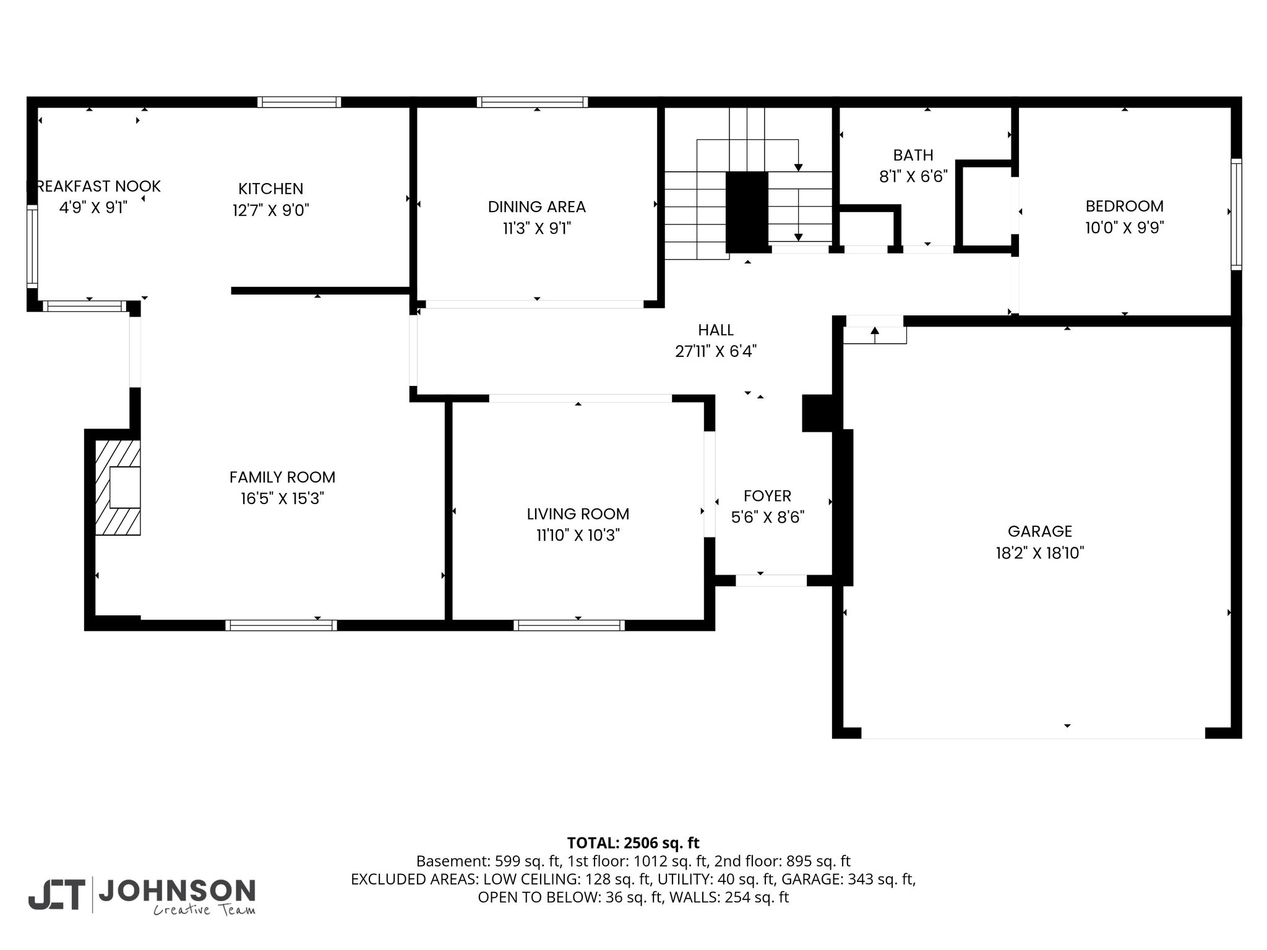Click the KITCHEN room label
[x=271, y=189]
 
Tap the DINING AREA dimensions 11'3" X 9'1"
[x=536, y=229]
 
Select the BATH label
[x=913, y=155]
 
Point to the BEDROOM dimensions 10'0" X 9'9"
[x=1124, y=228]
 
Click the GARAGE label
[x=1039, y=531]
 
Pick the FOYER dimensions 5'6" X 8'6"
[x=767, y=517]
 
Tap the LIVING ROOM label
[x=578, y=514]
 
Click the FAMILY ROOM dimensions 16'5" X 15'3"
[x=282, y=499]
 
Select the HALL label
[x=716, y=330]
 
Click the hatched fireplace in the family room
[x=118, y=487]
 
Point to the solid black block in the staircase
[x=747, y=212]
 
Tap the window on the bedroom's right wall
[x=1236, y=214]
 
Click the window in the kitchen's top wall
[x=299, y=102]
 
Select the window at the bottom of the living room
[x=569, y=625]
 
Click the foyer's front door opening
[x=771, y=581]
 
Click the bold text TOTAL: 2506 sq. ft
[x=633, y=843]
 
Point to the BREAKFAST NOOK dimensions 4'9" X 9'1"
[x=93, y=207]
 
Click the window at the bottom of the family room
[x=281, y=625]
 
